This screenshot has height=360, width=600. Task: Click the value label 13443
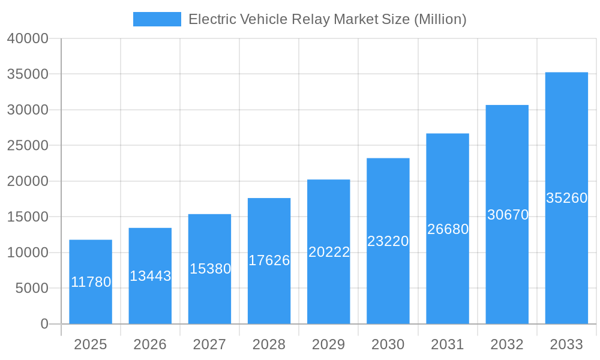[151, 276]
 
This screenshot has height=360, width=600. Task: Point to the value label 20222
[329, 252]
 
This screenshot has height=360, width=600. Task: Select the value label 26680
[448, 229]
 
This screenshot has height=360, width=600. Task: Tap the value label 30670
[508, 215]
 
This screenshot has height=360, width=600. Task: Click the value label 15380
[210, 269]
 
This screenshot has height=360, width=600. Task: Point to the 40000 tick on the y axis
[27, 39]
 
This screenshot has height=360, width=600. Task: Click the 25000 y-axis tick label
[27, 146]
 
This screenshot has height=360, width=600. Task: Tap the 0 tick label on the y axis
[44, 324]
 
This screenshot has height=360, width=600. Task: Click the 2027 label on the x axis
[209, 344]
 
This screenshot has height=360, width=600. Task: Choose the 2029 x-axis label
[329, 344]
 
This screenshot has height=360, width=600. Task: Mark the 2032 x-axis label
[507, 344]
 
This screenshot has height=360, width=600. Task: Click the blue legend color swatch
[157, 19]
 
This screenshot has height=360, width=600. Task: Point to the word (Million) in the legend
[440, 19]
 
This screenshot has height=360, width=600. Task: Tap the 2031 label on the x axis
[448, 344]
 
